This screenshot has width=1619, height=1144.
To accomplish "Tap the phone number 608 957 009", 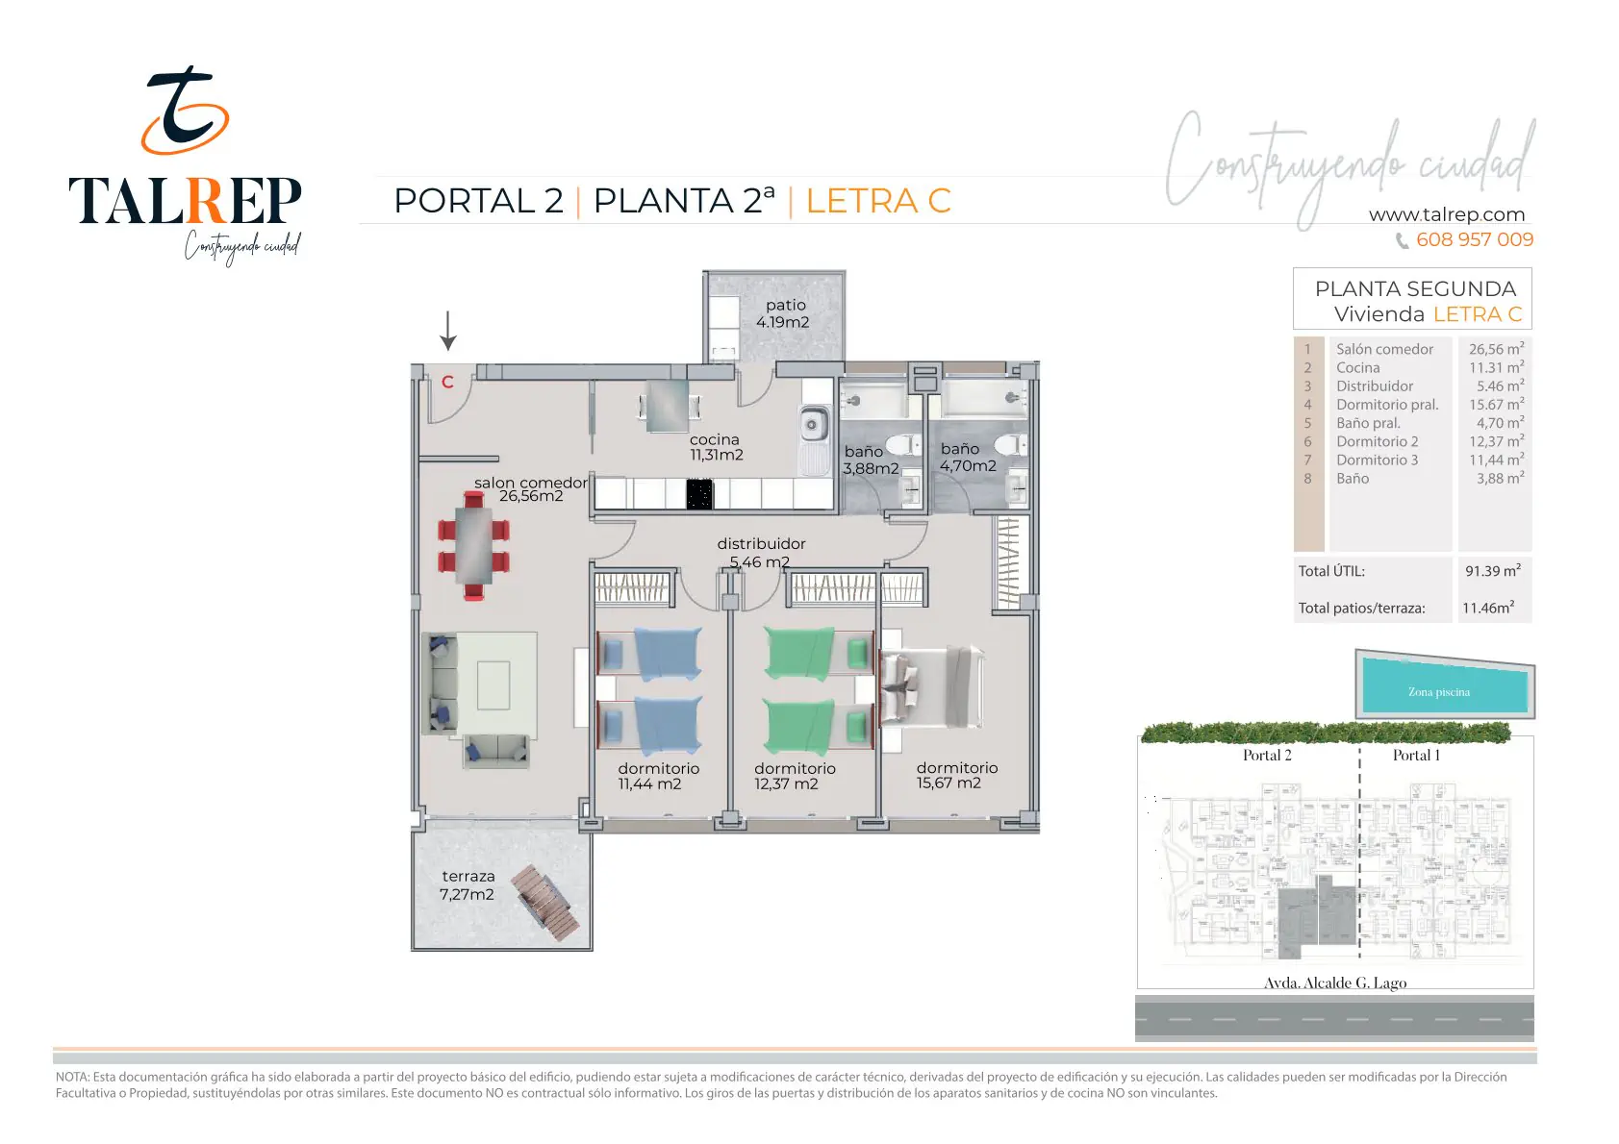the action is coord(1475,239).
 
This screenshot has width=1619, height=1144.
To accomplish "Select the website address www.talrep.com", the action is coord(1447,214).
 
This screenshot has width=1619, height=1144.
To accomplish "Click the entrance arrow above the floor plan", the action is coord(448,331).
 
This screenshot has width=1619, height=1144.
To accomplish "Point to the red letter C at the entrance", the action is coord(447,382).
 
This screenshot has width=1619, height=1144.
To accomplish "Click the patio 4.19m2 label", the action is coord(783,313).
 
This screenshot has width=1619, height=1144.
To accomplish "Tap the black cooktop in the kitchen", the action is coord(699,494).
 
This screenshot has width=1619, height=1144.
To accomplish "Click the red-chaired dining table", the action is coord(473,545).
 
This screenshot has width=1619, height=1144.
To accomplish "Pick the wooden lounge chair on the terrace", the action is coord(545,902).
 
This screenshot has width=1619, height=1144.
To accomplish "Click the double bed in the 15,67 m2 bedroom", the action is coord(931,686).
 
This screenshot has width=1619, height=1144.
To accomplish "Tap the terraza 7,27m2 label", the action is coord(468,884).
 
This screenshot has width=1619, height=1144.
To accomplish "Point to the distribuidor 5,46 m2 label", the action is coord(760,553).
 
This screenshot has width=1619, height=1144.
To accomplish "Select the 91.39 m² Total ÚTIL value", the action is coord(1493,570).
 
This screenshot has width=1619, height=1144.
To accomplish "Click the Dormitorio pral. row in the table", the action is coord(1413,405).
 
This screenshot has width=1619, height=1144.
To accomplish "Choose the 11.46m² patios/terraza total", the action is coord(1488,608).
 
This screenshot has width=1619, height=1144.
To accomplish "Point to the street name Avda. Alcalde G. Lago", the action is coord(1335,982).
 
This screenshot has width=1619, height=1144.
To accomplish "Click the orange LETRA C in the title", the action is coord(878,201).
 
